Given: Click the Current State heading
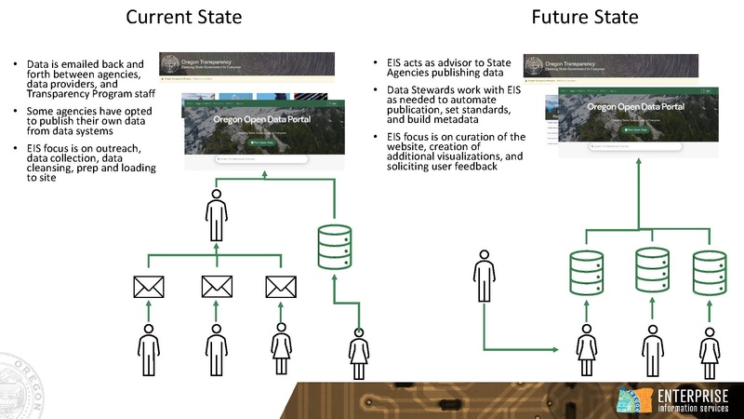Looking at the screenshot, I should [x=184, y=17].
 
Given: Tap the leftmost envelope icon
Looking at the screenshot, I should [x=148, y=289].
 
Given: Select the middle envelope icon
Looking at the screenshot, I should [x=216, y=289].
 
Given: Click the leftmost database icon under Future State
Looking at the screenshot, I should [x=586, y=266].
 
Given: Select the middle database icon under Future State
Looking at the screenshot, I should [x=651, y=266].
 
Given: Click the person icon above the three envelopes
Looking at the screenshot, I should [x=216, y=215].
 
